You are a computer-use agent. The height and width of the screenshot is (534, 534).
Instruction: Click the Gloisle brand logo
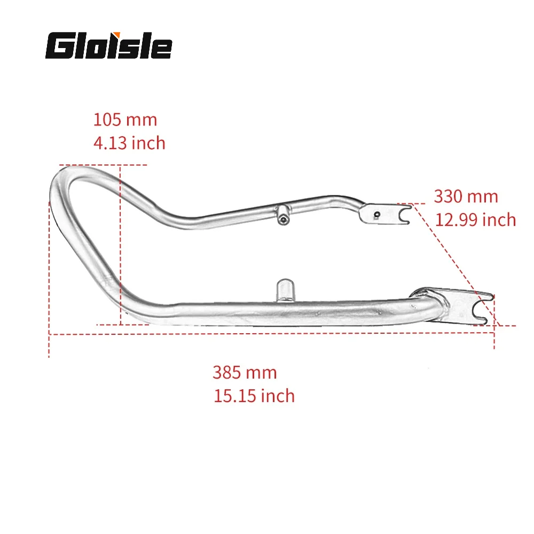click(108, 45)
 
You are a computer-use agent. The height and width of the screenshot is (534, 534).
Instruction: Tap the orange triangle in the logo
click(117, 34)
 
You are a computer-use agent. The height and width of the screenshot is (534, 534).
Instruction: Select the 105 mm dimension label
click(125, 120)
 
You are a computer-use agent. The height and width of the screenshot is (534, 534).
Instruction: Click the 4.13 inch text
click(129, 143)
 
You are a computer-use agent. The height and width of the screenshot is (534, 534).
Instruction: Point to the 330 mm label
click(466, 197)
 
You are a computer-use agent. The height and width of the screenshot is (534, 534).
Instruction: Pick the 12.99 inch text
click(475, 219)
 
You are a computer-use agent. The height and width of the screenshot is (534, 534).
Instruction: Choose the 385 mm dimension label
click(245, 372)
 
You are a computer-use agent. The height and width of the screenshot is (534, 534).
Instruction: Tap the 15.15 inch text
click(254, 396)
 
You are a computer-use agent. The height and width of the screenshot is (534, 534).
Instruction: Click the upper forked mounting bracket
click(386, 214)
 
